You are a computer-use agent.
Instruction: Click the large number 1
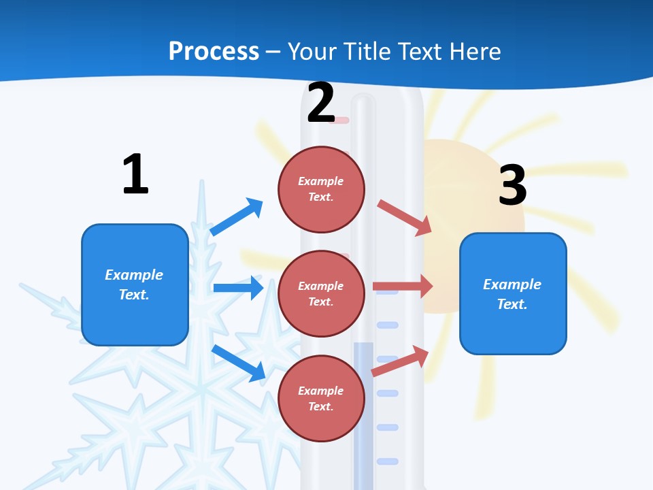tap(135, 175)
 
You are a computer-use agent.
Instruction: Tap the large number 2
tap(320, 103)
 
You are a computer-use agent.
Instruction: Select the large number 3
tap(512, 185)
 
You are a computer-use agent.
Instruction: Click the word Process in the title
tap(214, 51)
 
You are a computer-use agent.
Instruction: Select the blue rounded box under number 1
tap(135, 284)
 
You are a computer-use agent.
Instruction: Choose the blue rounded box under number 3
tap(513, 293)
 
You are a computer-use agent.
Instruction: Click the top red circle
tap(321, 189)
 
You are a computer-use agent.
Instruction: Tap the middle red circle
tap(321, 293)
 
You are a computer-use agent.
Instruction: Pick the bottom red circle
tap(321, 398)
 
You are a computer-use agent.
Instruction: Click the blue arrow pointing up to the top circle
tap(237, 217)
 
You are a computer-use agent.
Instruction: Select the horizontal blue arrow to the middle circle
tap(238, 288)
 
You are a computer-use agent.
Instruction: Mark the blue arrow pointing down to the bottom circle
tap(238, 363)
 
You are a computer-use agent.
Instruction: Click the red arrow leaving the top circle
tap(404, 217)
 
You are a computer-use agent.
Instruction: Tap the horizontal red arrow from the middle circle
tap(402, 287)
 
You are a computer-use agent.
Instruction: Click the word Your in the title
tap(310, 51)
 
